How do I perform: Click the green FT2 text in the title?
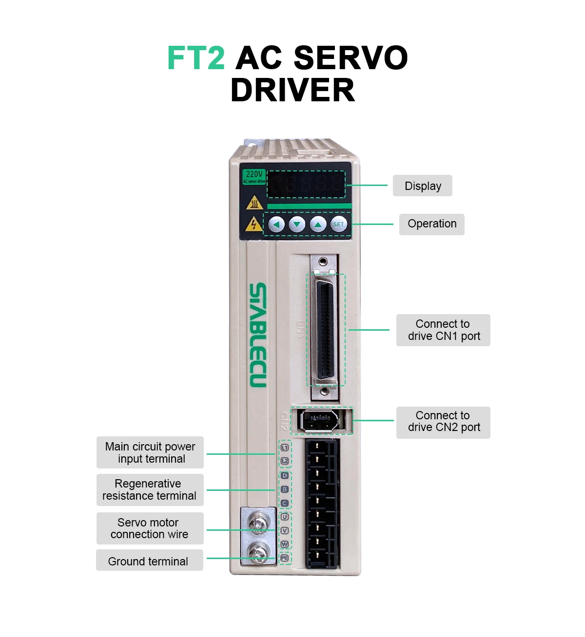pyautogui.click(x=196, y=58)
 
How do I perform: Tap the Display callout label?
pyautogui.click(x=423, y=186)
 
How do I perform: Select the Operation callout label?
pyautogui.click(x=432, y=224)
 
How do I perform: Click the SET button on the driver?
pyautogui.click(x=338, y=225)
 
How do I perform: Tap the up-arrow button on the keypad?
pyautogui.click(x=318, y=225)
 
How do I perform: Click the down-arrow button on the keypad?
pyautogui.click(x=297, y=225)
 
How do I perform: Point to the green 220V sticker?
pyautogui.click(x=254, y=176)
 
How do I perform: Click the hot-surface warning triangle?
pyautogui.click(x=254, y=203)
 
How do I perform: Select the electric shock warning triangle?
pyautogui.click(x=253, y=225)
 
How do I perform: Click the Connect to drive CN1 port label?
pyautogui.click(x=443, y=330)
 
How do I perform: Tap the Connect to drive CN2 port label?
pyautogui.click(x=443, y=422)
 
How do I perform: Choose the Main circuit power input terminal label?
pyautogui.click(x=150, y=453)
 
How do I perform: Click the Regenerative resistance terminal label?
pyautogui.click(x=150, y=490)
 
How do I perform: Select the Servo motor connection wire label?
pyautogui.click(x=150, y=528)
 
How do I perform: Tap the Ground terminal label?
pyautogui.click(x=149, y=561)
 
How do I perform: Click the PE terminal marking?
pyautogui.click(x=285, y=558)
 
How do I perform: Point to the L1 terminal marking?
pyautogui.click(x=285, y=447)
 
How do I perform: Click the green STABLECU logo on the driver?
pyautogui.click(x=258, y=335)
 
